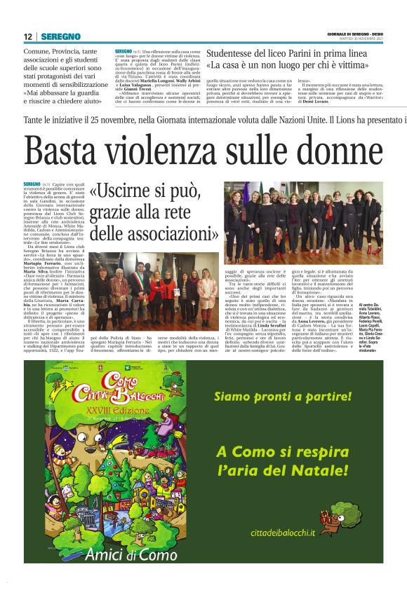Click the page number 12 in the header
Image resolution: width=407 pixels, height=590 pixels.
[28, 36]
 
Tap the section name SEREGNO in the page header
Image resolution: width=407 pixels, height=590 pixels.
[60, 36]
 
